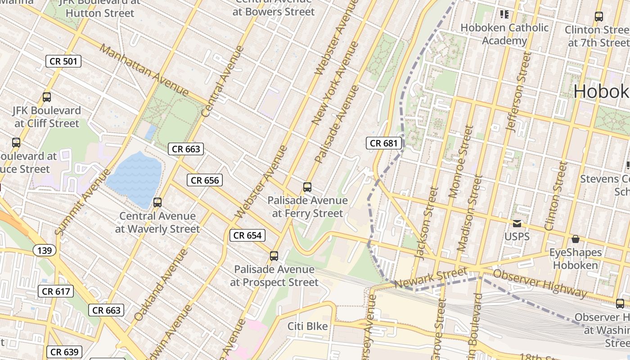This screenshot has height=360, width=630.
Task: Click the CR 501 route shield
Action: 63,61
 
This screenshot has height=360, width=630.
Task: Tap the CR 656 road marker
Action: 205,180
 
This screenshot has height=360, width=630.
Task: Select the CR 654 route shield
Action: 247,235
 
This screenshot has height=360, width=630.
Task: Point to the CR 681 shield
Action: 384,144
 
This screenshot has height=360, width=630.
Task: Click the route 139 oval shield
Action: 45,251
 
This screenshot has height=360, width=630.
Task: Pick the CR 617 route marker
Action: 56,292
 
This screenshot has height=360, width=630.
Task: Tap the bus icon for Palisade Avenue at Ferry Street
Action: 307,187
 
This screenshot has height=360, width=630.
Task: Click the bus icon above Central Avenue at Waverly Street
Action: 157,202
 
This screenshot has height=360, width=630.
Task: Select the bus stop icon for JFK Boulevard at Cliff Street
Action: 47,97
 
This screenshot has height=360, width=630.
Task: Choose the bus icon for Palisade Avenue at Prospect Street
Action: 274,256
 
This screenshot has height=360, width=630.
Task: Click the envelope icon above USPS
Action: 517,224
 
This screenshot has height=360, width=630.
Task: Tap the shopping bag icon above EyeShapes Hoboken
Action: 575,239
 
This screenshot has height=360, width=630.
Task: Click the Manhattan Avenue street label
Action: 144,70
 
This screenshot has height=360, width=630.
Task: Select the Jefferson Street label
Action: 518,92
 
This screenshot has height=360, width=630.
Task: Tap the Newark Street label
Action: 431,279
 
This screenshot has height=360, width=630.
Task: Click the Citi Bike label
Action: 308,326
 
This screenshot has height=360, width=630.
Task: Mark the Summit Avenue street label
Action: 82,202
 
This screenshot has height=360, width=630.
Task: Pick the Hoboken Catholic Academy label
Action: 504,34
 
